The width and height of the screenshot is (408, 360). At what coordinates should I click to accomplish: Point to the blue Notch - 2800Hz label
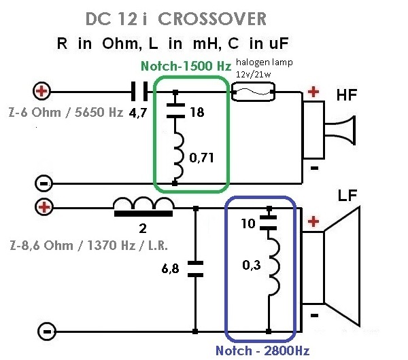point(262,350)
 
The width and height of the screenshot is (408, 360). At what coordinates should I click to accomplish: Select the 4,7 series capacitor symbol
point(142,90)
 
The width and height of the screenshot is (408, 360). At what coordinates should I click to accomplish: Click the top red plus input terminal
point(42,90)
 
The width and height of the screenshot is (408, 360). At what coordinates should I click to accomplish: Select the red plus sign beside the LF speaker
point(313,222)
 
